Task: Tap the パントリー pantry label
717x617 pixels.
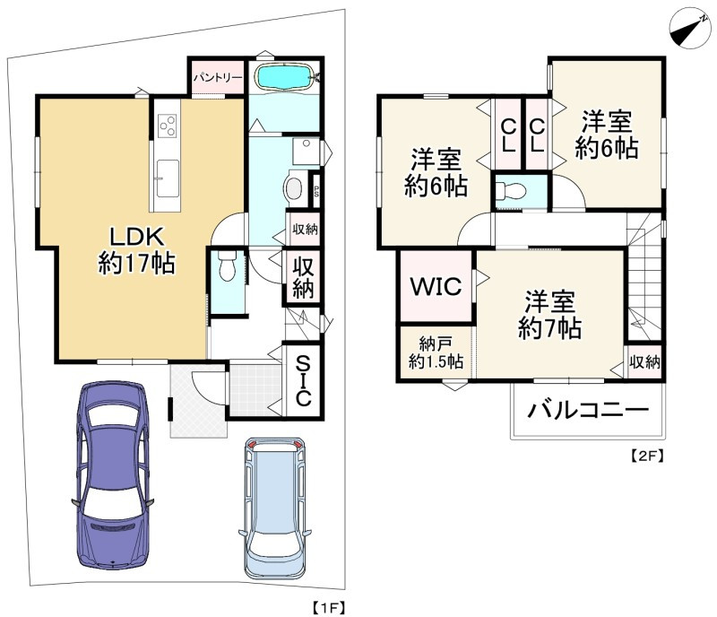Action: [217, 77]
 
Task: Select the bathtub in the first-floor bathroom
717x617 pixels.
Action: [284, 77]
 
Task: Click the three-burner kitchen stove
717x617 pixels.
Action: [167, 125]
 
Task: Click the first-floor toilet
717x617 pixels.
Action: [227, 265]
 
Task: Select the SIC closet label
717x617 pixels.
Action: [303, 381]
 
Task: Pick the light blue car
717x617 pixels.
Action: [275, 508]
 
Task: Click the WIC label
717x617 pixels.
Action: [436, 287]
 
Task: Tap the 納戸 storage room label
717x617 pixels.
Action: [436, 353]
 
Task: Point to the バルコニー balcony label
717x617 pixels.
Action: [588, 409]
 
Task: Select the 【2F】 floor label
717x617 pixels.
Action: [647, 456]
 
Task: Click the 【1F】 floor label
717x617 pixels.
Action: [329, 607]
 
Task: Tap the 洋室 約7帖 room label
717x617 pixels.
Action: [549, 315]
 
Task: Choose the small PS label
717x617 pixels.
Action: [315, 190]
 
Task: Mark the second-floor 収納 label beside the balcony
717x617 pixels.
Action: [644, 362]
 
